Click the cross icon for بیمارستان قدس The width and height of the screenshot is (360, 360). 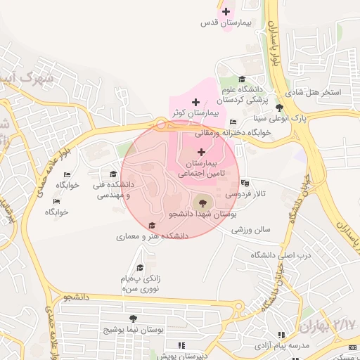[x=226, y=11]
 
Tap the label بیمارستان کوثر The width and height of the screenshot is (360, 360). [x=198, y=112]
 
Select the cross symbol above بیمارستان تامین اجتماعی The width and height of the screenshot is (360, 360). [x=202, y=152]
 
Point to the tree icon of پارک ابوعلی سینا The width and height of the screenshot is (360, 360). [x=280, y=108]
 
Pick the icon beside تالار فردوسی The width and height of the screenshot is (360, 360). [x=244, y=184]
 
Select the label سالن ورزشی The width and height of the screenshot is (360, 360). [x=251, y=229]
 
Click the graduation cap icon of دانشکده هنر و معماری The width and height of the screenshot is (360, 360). [x=153, y=226]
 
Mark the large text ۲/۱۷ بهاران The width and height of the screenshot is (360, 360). [x=328, y=326]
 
